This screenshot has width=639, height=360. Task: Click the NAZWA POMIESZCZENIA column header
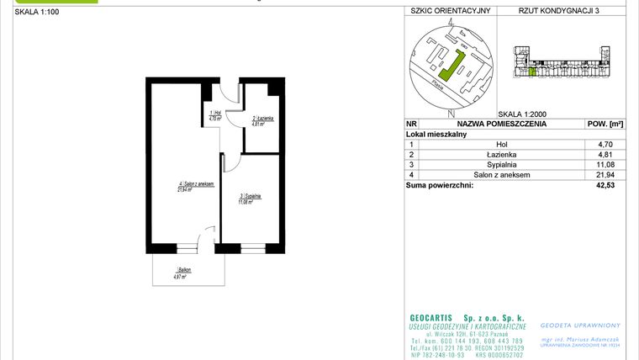[501, 123]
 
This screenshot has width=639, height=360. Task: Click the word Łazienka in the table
[501, 155]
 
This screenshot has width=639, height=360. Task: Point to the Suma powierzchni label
[439, 185]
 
